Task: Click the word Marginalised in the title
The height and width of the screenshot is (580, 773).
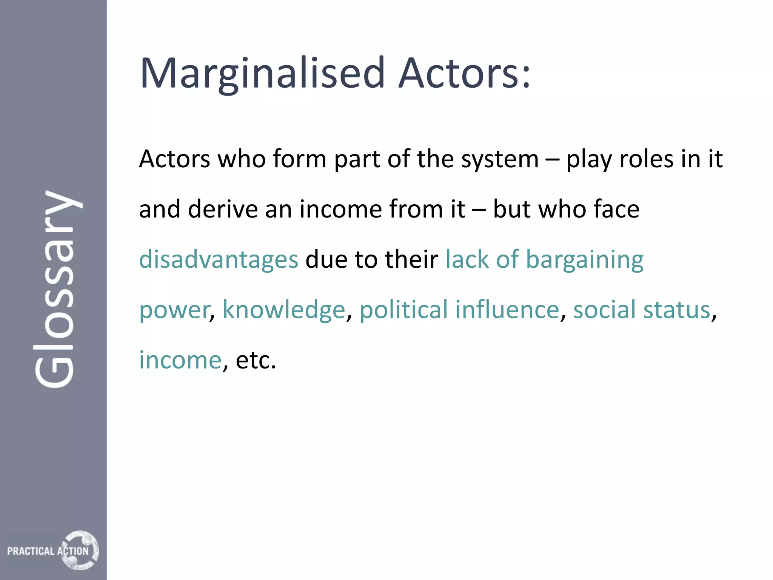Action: (x=262, y=74)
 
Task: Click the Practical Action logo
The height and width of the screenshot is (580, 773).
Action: (x=53, y=550)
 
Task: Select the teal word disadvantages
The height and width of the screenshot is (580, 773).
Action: (x=219, y=260)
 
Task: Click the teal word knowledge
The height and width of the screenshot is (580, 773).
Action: (x=284, y=310)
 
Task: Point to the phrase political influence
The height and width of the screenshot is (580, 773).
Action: (x=459, y=310)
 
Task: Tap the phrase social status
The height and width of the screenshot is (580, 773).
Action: (x=642, y=310)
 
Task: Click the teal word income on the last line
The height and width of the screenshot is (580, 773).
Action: (x=180, y=360)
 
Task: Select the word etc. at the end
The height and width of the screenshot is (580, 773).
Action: (x=256, y=360)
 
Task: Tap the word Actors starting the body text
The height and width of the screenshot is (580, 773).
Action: (x=174, y=159)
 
